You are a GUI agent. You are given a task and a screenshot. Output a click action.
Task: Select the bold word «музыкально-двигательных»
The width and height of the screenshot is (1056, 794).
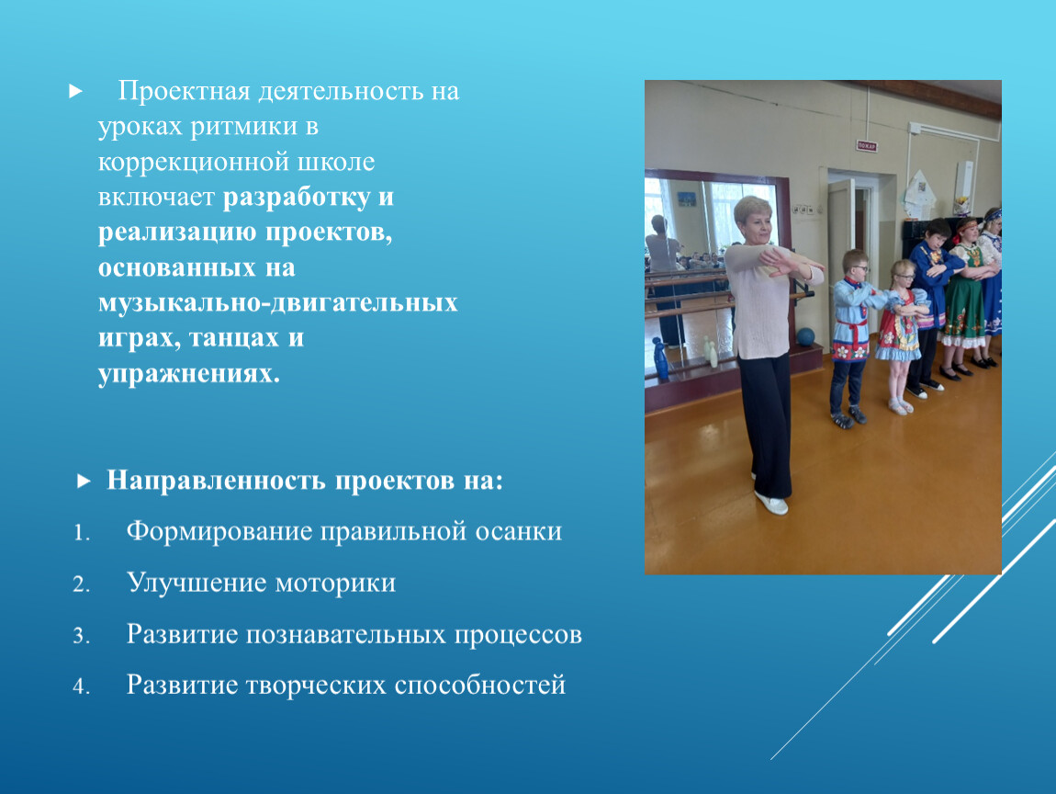point(278,302)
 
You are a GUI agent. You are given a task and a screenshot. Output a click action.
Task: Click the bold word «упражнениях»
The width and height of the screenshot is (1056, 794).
point(188,373)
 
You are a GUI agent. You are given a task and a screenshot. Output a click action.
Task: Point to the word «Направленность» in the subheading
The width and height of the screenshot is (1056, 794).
point(216,481)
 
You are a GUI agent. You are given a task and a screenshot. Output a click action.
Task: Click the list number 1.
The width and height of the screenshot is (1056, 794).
point(82,533)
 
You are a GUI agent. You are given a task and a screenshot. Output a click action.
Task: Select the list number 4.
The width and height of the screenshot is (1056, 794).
point(82,686)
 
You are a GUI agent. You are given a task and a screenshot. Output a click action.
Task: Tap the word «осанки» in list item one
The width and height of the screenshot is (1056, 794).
point(519,531)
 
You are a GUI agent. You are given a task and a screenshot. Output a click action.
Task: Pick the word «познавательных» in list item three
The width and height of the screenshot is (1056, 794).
point(345,634)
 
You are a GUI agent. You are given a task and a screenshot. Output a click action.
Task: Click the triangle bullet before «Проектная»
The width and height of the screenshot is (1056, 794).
point(75,91)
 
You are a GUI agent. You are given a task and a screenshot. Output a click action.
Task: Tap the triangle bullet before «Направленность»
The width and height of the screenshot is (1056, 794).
point(84,482)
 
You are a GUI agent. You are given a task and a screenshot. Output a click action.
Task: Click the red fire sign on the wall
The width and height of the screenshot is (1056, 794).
point(866,145)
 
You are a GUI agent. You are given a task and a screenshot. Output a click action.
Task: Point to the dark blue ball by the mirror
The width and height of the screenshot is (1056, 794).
point(805,336)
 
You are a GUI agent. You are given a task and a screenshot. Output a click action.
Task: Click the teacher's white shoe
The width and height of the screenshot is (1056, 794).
point(771,503)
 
